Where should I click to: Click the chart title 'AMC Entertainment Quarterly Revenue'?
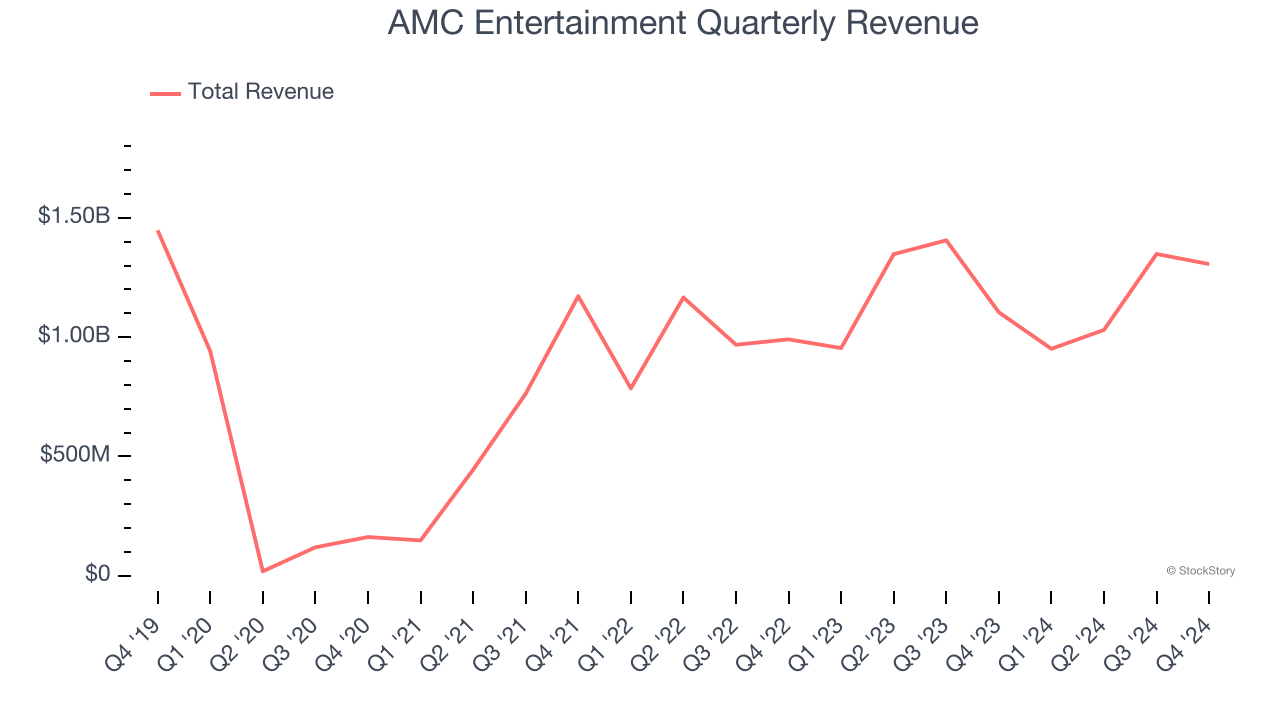click(682, 23)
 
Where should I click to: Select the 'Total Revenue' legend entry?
click(260, 92)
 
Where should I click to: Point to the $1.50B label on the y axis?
click(74, 216)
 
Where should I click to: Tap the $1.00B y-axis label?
click(74, 335)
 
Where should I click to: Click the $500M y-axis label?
click(75, 455)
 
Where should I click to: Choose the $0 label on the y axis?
click(97, 574)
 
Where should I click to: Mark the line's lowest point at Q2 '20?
click(263, 571)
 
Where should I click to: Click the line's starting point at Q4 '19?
click(158, 231)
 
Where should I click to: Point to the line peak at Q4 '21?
click(578, 296)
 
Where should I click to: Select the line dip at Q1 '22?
click(631, 388)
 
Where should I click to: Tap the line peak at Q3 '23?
click(946, 240)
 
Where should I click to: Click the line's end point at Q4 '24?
click(1208, 264)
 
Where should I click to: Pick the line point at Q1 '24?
click(1051, 348)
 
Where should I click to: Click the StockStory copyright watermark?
click(1200, 571)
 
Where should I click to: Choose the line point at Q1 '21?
click(420, 540)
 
